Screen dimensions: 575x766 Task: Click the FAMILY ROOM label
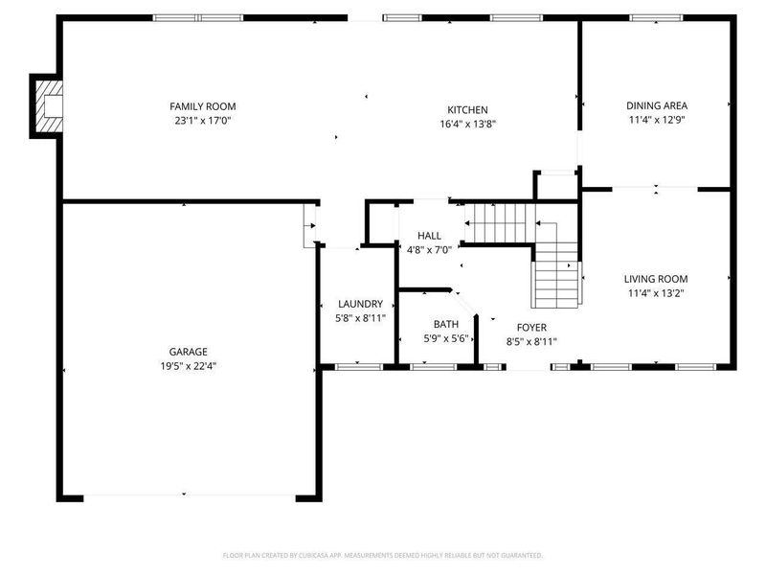tap(202, 106)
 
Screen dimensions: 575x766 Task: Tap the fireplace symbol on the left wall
tap(48, 105)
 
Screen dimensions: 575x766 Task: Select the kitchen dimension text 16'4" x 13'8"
tap(467, 124)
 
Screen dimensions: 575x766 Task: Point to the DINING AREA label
tap(657, 106)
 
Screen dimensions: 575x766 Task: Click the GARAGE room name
tap(184, 352)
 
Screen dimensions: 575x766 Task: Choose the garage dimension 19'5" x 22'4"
tap(184, 366)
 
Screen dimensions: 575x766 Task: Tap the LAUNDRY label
tap(360, 304)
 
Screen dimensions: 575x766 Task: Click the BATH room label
tap(445, 324)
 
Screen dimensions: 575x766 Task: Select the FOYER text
tap(531, 328)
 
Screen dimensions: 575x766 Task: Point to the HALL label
tap(429, 236)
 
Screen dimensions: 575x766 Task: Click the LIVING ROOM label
tap(657, 280)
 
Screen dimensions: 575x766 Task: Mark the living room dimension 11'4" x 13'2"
tap(657, 294)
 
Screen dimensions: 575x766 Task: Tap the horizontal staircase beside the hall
tap(498, 223)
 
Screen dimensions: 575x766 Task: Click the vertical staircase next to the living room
tap(556, 273)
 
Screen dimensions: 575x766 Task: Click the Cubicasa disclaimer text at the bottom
tap(383, 555)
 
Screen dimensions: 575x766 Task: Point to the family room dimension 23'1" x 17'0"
tap(202, 121)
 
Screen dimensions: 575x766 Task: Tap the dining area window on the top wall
tap(657, 17)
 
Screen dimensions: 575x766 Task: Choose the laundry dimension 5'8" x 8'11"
tap(360, 318)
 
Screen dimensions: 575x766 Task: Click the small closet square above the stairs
tap(556, 186)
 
